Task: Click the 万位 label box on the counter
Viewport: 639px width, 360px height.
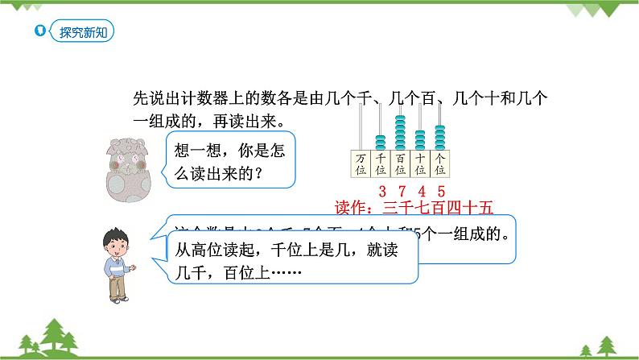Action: point(360,163)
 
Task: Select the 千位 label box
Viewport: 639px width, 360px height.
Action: point(380,163)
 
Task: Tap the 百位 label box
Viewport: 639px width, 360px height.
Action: point(400,163)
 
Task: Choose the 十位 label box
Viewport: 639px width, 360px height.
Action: point(419,163)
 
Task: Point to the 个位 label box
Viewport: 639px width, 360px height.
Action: point(439,163)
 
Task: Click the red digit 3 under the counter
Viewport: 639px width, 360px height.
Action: point(380,192)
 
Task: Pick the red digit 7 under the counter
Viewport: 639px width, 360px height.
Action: point(401,192)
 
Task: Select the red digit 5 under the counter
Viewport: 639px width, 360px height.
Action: point(441,192)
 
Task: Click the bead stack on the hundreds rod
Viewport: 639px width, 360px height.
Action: point(400,131)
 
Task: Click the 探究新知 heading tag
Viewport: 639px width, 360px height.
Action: point(81,32)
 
